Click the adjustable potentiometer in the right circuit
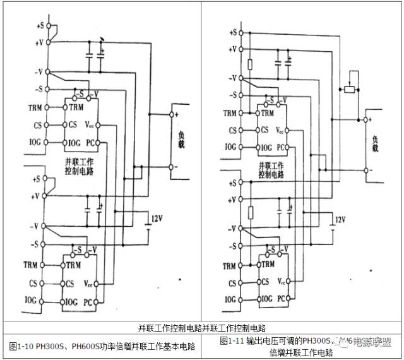(x=349, y=89)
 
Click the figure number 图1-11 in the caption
(x=232, y=341)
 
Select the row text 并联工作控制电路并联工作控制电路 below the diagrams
(x=201, y=328)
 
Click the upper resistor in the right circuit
(x=251, y=64)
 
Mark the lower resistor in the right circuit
(x=251, y=212)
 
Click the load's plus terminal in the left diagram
(x=171, y=114)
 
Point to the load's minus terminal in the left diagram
(x=171, y=167)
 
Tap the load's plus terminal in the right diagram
(x=365, y=118)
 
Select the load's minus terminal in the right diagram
(x=365, y=169)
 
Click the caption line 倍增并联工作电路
(x=301, y=352)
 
